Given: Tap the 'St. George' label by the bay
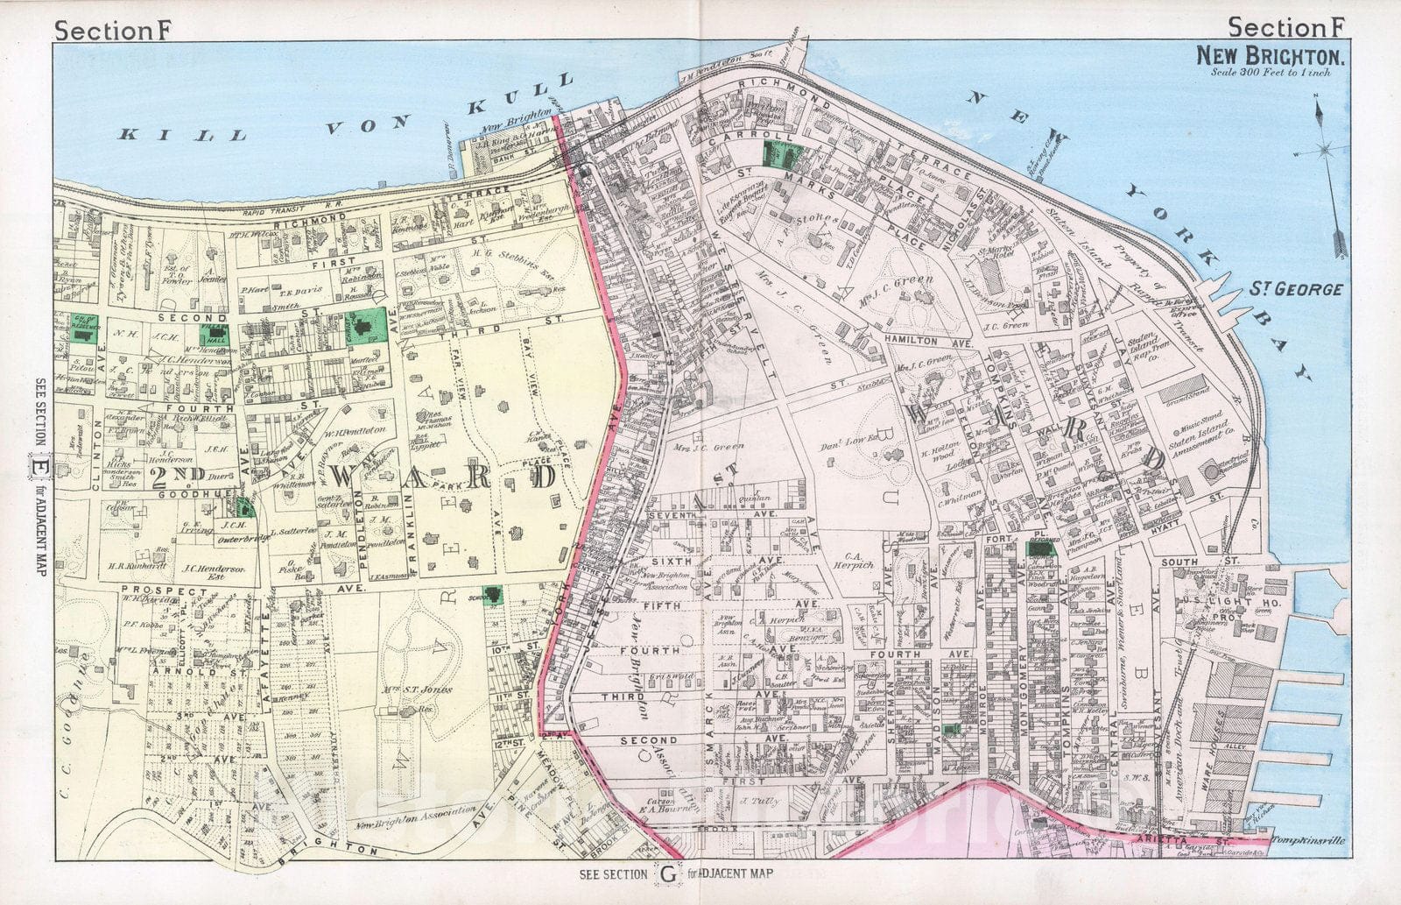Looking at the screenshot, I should tap(1295, 288).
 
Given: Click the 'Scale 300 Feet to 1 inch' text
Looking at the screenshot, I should tap(1271, 73).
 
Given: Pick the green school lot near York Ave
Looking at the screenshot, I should tap(494, 596).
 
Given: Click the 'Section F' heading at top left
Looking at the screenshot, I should tap(114, 29).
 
